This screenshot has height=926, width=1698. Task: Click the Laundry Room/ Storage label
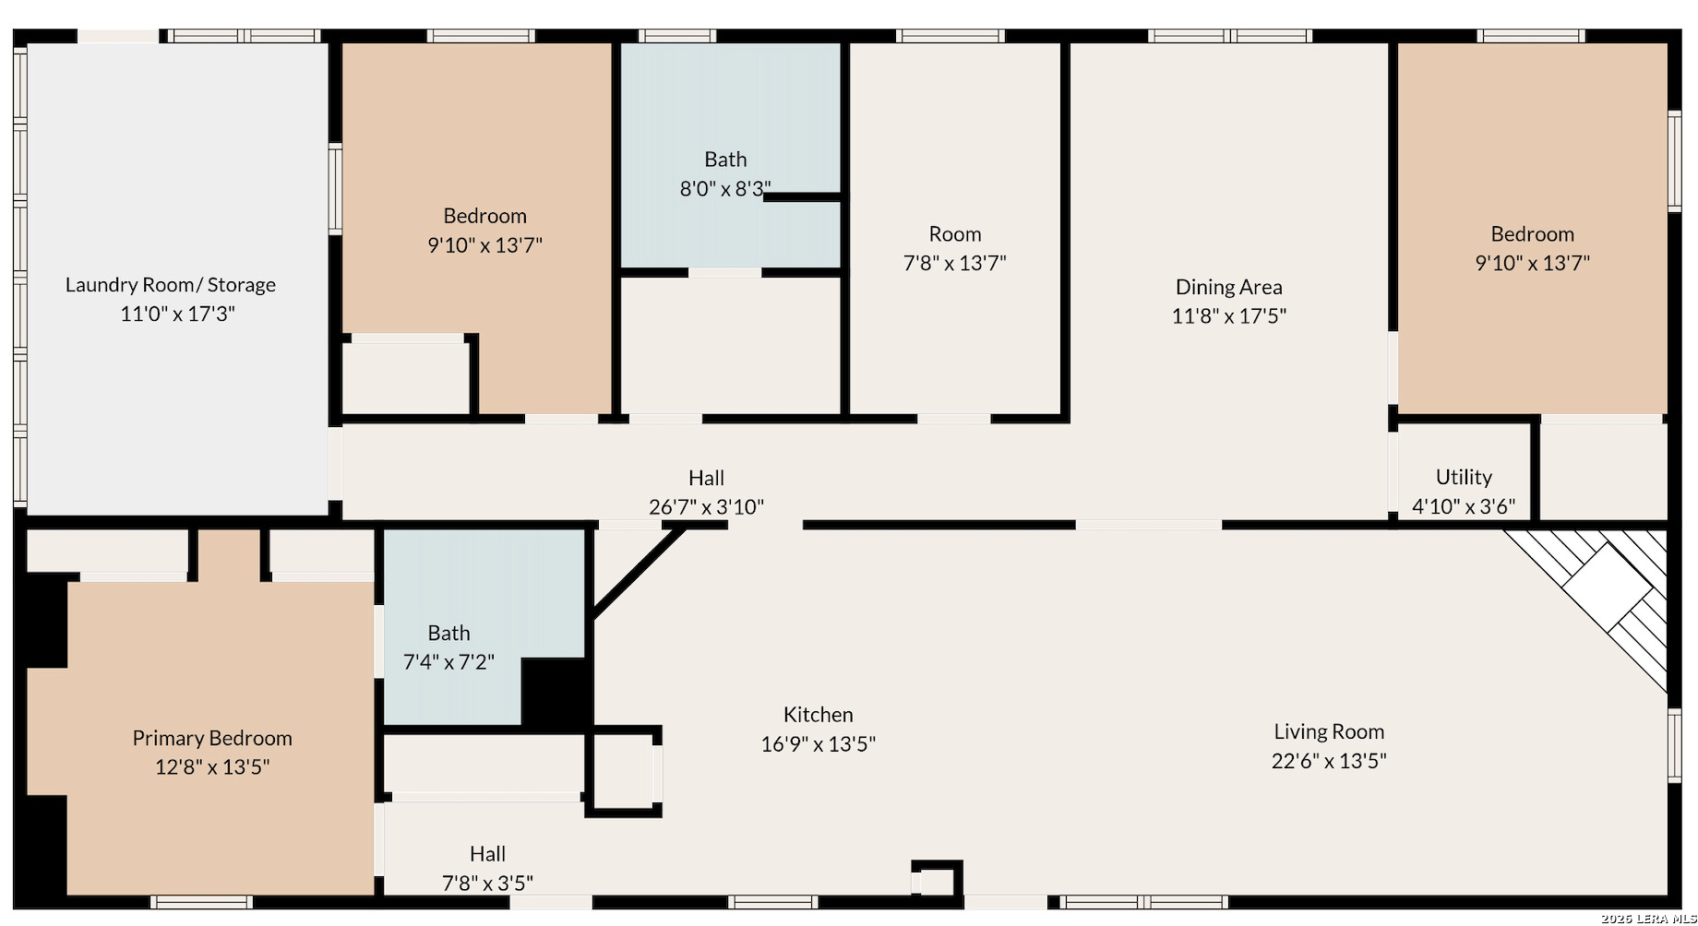tap(171, 285)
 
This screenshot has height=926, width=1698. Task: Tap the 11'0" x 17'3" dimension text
tap(177, 314)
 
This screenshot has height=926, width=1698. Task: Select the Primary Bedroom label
tap(212, 738)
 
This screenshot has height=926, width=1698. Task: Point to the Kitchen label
tap(818, 715)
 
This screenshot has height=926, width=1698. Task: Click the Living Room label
tap(1329, 732)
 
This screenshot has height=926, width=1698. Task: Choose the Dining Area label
tap(1228, 287)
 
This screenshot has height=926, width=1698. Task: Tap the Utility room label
tap(1464, 477)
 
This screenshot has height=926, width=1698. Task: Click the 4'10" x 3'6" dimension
tap(1464, 506)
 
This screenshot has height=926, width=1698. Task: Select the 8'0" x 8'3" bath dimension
tap(725, 189)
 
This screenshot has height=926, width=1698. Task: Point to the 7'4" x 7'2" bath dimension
tap(448, 662)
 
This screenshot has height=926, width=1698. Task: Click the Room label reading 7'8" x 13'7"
tap(954, 234)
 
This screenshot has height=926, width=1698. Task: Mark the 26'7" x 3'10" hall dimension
tap(706, 507)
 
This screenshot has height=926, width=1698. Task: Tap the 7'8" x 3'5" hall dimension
tap(487, 884)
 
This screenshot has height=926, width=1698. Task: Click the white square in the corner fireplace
tap(1607, 588)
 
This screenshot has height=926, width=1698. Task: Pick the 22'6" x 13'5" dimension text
tap(1329, 761)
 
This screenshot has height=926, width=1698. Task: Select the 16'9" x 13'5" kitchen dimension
tap(818, 743)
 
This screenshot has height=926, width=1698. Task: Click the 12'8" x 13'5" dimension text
tap(212, 766)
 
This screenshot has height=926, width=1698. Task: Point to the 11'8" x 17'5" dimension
tap(1228, 316)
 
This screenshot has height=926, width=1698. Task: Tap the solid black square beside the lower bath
tap(555, 691)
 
